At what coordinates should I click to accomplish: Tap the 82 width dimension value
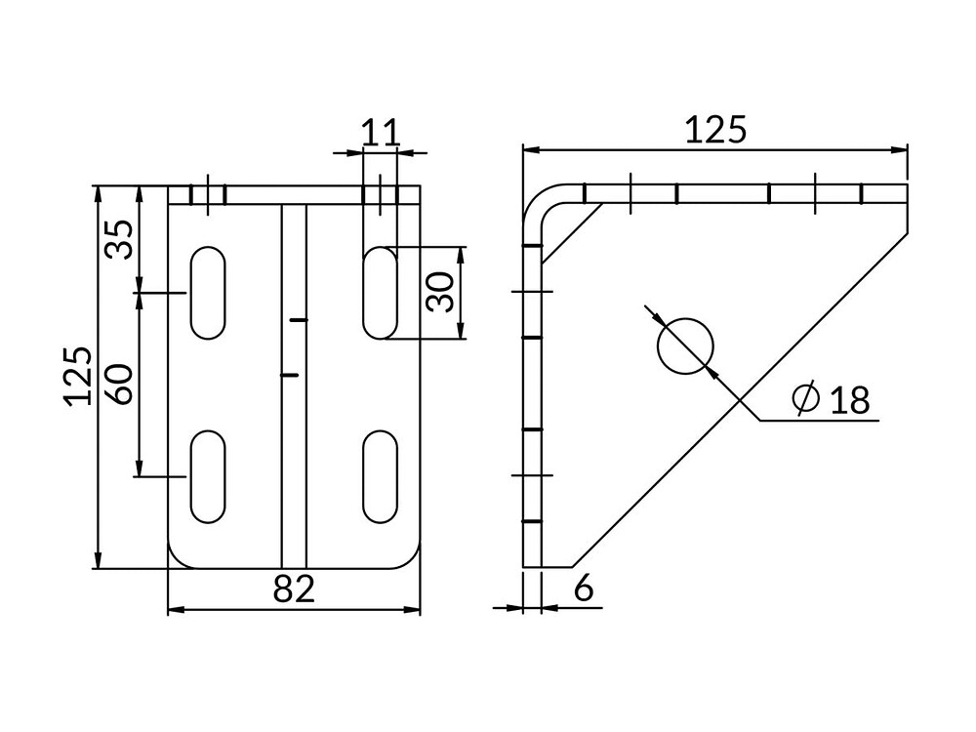point(295,589)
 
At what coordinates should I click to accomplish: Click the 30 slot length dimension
point(442,292)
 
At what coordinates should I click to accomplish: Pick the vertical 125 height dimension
point(78,376)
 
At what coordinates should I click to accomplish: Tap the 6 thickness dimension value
point(584,589)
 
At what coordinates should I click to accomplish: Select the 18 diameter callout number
point(850,399)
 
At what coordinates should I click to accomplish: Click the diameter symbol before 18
point(805,398)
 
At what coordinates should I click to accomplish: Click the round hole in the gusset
point(685,346)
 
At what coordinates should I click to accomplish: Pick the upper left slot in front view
point(208,293)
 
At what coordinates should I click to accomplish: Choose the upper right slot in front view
point(380,293)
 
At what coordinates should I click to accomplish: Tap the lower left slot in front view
point(208,476)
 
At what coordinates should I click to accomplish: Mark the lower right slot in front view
point(380,476)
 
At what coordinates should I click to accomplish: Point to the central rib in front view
point(294,386)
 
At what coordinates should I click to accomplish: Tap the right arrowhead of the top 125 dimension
point(899,149)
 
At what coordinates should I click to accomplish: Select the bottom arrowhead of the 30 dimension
point(462,330)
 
